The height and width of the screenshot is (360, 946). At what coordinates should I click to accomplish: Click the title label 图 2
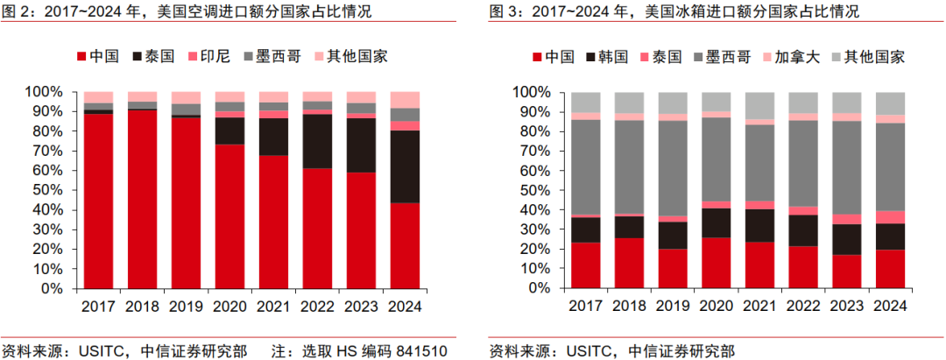(x=17, y=11)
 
